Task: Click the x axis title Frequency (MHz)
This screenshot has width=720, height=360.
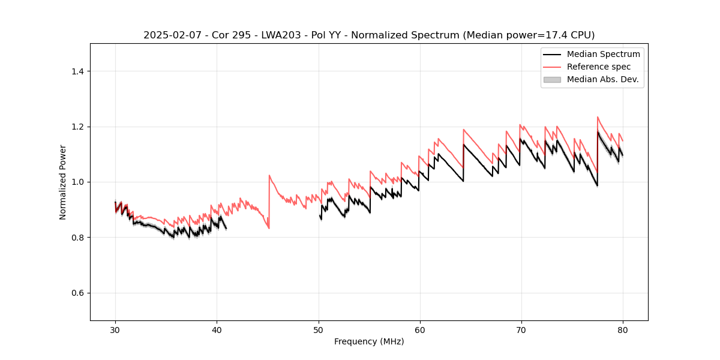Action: tap(369, 341)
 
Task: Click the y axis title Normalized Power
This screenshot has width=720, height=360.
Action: tap(62, 182)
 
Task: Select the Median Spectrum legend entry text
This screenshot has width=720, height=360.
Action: tap(603, 54)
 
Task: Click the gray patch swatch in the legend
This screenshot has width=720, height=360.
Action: tap(552, 79)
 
